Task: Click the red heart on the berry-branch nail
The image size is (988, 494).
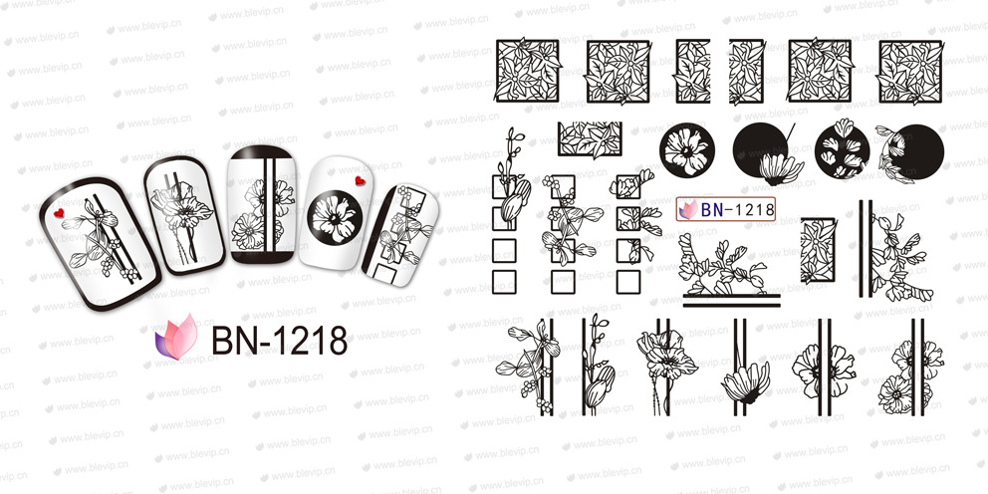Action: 59,212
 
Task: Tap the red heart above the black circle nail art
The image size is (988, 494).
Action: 360,181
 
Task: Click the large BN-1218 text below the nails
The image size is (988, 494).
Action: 279,341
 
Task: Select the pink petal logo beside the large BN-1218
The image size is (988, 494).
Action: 176,337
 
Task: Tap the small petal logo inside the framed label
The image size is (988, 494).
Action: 688,209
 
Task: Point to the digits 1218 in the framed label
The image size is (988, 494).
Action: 752,209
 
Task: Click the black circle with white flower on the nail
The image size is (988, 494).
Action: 334,217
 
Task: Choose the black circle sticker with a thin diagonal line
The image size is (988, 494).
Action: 764,151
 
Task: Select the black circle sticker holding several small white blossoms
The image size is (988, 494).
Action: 842,151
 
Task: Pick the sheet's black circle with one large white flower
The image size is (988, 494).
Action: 687,150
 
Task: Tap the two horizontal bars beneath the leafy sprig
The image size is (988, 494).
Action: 731,300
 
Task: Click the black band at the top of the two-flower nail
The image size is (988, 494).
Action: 262,152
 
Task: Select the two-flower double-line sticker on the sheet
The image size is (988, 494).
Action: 910,368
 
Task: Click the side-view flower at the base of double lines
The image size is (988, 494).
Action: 746,381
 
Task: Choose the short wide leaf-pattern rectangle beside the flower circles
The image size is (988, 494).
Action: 590,139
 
